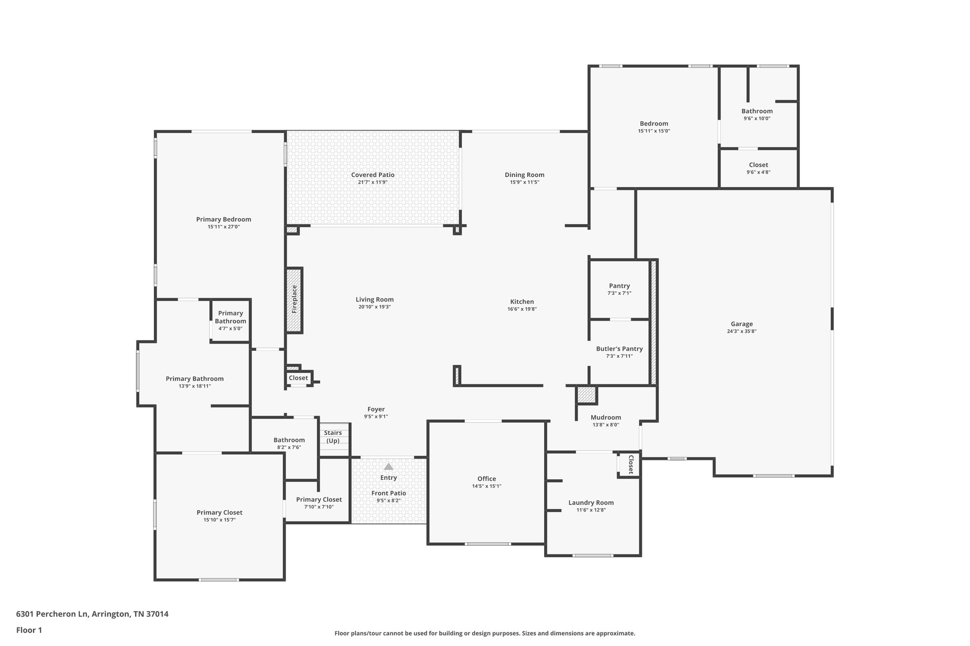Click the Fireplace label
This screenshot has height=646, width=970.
[294, 299]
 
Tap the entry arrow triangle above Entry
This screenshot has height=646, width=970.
[388, 466]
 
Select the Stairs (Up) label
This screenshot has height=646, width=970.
[333, 436]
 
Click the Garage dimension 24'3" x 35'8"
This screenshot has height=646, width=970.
[742, 331]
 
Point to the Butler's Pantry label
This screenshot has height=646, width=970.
[619, 349]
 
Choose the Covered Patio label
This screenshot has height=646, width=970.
[373, 175]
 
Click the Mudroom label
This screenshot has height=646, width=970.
[606, 417]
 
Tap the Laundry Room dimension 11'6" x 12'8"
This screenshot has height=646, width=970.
[591, 510]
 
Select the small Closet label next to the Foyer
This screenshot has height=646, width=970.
[298, 378]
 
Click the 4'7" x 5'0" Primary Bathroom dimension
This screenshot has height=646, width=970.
[231, 328]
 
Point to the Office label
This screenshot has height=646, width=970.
[486, 478]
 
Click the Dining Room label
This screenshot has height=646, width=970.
[524, 175]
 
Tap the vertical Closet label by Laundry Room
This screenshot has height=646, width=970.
[630, 464]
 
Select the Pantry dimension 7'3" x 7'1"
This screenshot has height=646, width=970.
[619, 293]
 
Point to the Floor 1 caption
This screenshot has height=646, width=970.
[29, 630]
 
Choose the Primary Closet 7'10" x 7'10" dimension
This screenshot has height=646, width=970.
[319, 507]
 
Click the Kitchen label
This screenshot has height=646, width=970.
[522, 301]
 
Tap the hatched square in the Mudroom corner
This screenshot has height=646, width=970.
[586, 395]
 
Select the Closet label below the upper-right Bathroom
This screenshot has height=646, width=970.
[758, 165]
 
